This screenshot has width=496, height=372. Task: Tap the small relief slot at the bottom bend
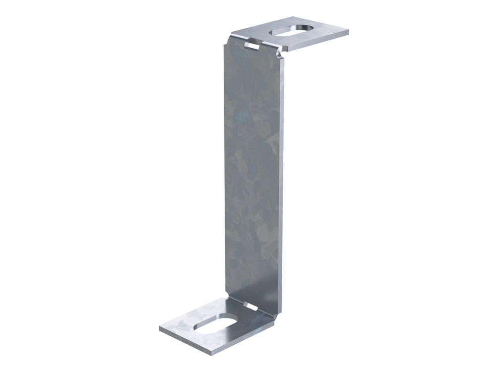251,308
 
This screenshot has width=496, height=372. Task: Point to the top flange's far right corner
348,32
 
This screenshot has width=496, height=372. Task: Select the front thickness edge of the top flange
317,43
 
